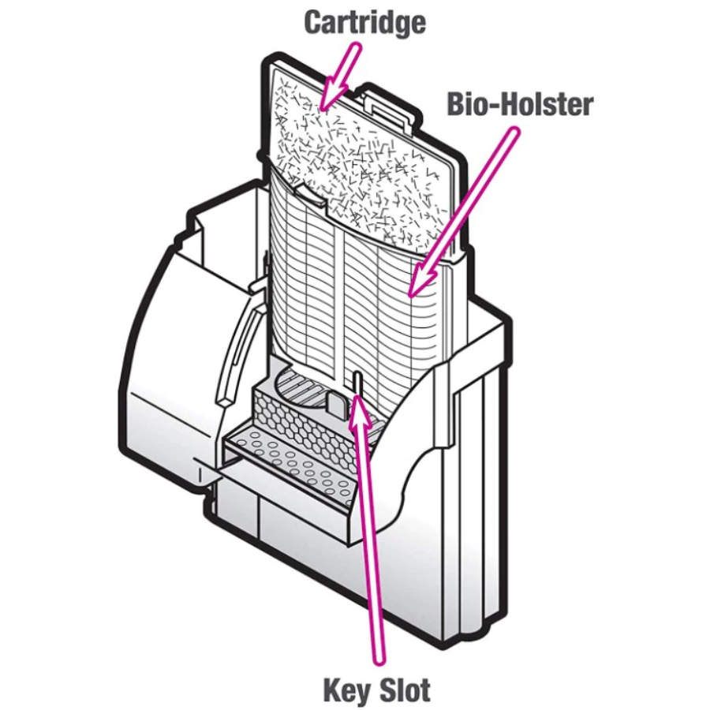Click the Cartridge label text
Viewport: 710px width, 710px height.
point(364,21)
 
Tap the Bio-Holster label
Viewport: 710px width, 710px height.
point(520,104)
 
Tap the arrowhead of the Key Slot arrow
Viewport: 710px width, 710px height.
point(359,409)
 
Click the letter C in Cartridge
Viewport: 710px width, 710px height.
point(314,21)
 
